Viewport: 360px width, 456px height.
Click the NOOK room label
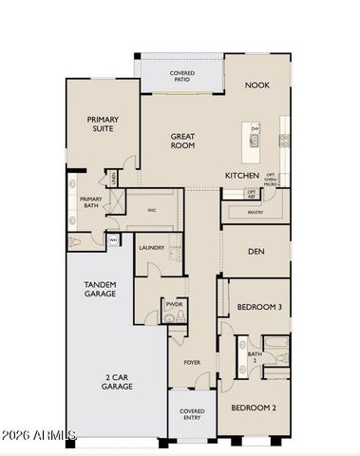pyautogui.click(x=257, y=85)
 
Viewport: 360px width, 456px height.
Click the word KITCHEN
pyautogui.click(x=242, y=176)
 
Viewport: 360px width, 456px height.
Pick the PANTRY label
pyautogui.click(x=254, y=212)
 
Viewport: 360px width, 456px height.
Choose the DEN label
pyautogui.click(x=256, y=252)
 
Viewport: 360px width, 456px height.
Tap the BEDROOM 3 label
pyautogui.click(x=256, y=307)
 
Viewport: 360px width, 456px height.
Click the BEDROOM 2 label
pyautogui.click(x=255, y=408)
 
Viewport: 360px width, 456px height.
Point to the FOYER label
pyautogui.click(x=191, y=363)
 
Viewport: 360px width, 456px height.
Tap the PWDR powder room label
pyautogui.click(x=174, y=305)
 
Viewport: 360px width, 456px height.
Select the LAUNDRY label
pyautogui.click(x=152, y=248)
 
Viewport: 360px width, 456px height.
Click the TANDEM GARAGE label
pyautogui.click(x=100, y=289)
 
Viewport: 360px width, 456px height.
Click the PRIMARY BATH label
pyautogui.click(x=91, y=202)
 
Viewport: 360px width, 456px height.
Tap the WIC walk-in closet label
pyautogui.click(x=151, y=210)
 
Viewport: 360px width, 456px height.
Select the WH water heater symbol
pyautogui.click(x=112, y=240)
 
